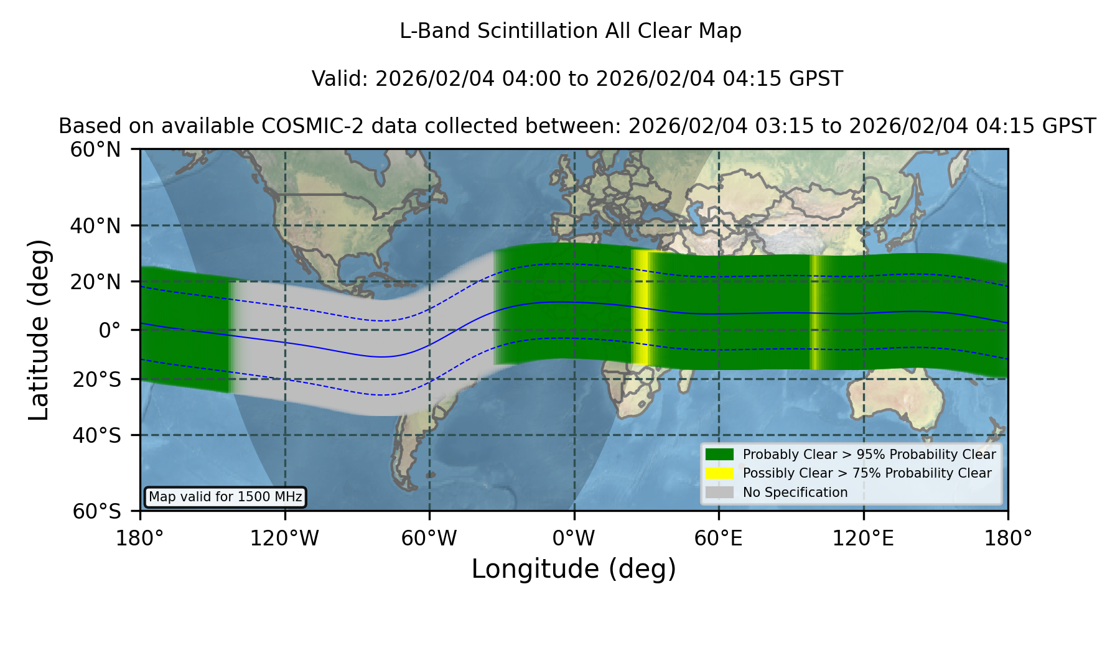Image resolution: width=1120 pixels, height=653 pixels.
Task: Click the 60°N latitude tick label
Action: coord(95,150)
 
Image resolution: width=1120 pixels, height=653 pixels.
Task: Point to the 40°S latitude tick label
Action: coord(96,435)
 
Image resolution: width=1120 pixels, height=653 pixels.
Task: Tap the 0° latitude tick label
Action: coord(110,330)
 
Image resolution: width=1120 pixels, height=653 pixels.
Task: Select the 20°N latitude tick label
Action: coord(95,282)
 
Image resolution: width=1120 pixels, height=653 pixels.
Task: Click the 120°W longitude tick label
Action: coord(284,538)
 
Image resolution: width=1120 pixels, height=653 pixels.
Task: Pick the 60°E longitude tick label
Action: coord(719,538)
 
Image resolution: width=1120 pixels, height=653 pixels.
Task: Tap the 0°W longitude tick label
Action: coord(574,538)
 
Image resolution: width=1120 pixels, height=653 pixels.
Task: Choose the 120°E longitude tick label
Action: coord(863,538)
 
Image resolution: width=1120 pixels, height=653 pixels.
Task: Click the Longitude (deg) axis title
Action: coord(574,569)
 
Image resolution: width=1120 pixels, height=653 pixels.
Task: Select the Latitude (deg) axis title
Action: coord(39,330)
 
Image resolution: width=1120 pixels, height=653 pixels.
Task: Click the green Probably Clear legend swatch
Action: coord(719,455)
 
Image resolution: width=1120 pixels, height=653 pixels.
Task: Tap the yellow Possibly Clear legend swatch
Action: coord(719,473)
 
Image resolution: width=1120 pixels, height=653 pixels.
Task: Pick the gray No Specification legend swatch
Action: coord(719,493)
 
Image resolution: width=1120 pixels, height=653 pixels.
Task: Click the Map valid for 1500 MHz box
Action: coord(225,497)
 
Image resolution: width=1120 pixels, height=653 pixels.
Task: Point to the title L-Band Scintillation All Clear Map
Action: coord(571,31)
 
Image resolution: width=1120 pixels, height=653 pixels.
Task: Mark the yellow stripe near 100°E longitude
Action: coord(814,312)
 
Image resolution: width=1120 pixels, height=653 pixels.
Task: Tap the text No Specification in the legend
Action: coord(795,493)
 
